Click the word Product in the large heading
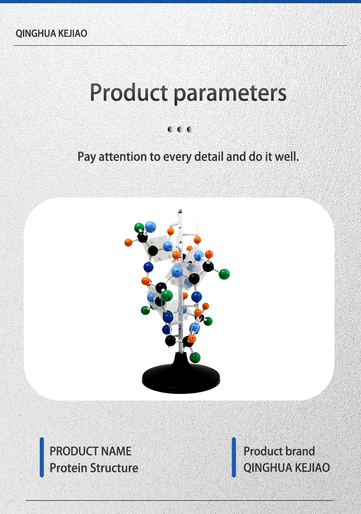click(x=129, y=93)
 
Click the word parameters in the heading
click(x=230, y=94)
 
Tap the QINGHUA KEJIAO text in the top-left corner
click(x=52, y=33)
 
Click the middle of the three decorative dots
click(x=180, y=129)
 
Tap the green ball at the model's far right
click(x=224, y=274)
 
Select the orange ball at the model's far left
click(x=128, y=242)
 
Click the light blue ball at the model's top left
click(x=150, y=227)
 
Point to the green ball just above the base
click(x=195, y=357)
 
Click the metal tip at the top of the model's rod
click(x=180, y=212)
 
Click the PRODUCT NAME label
click(x=90, y=451)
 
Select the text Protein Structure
click(x=94, y=468)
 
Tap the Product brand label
click(x=279, y=451)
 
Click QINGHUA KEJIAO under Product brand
click(x=287, y=468)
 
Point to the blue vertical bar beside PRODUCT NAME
click(x=42, y=457)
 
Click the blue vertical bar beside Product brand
click(x=234, y=457)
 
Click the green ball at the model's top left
click(x=139, y=227)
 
